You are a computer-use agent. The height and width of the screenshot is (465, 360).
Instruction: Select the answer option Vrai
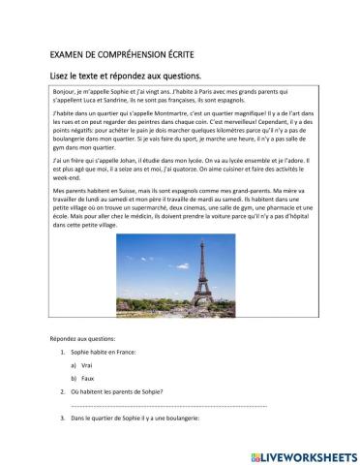tap(85, 365)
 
